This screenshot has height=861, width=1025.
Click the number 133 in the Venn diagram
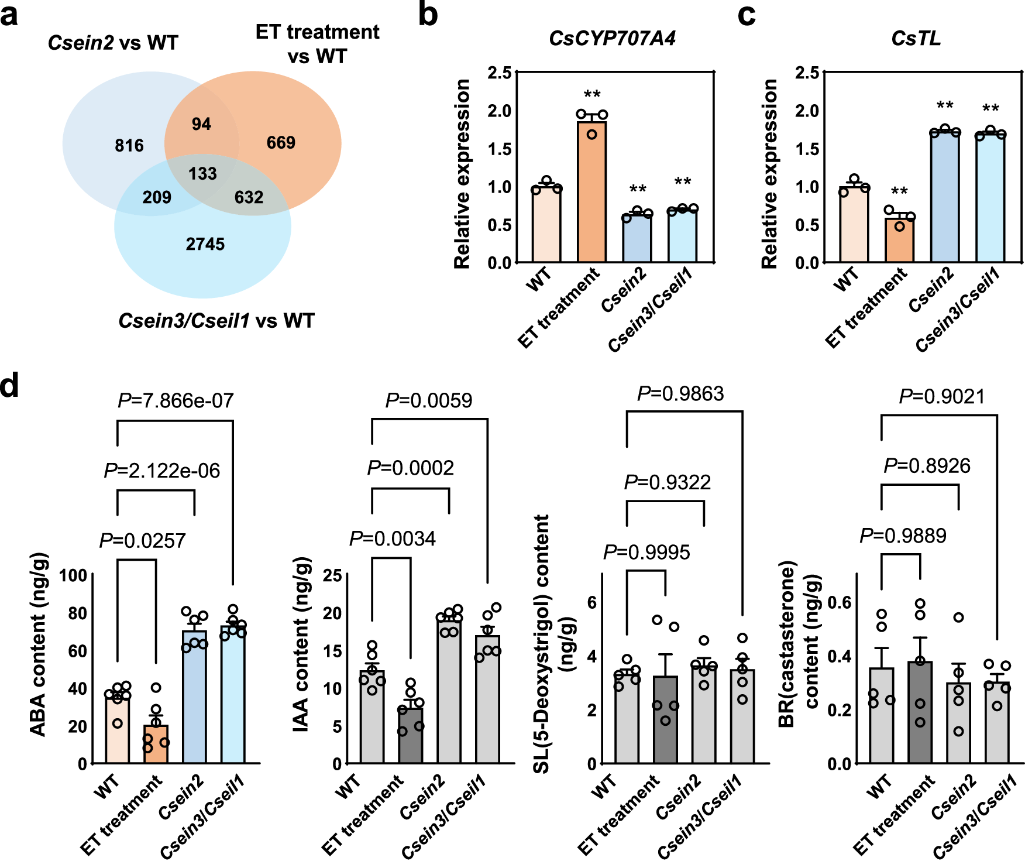click(202, 174)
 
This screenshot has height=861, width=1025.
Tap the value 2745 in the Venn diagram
click(205, 244)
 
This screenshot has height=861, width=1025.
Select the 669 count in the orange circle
click(281, 143)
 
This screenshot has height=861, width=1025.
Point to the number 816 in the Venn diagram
click(129, 146)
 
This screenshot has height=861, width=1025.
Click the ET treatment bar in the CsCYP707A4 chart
click(591, 193)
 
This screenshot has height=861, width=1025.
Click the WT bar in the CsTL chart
click(854, 225)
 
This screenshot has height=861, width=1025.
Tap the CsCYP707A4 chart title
click(612, 39)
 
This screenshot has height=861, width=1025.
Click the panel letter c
click(746, 15)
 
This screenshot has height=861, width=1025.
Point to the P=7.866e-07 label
click(176, 401)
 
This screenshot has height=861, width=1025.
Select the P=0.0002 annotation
click(410, 468)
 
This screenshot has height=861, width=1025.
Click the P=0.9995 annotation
click(646, 553)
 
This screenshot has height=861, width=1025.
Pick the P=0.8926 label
click(927, 466)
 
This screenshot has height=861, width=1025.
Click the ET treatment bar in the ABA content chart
click(156, 745)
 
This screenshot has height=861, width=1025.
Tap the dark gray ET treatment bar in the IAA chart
click(410, 736)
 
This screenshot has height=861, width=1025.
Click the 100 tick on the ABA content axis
click(74, 575)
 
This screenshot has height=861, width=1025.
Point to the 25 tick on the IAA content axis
click(332, 575)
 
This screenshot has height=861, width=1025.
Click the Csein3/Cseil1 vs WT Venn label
click(216, 321)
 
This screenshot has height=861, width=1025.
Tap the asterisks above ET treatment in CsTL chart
click(899, 192)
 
